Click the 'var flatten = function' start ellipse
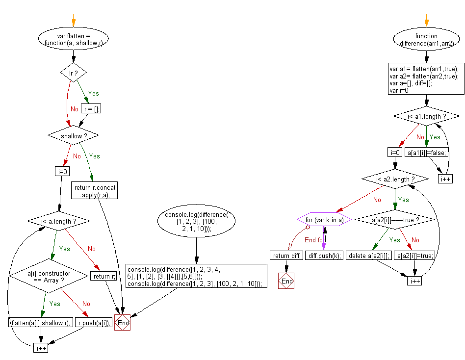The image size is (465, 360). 73,39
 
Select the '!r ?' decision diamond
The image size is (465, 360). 73,73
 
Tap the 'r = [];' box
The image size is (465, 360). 91,109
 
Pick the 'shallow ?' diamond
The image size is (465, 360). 73,135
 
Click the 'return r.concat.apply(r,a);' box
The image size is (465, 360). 95,190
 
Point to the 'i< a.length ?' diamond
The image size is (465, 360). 59,222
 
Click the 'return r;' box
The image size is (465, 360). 104,276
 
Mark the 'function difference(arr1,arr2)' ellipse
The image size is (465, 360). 426,39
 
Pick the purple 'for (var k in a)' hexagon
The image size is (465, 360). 324,220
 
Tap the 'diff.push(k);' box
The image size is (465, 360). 321,255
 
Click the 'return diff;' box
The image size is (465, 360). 286,255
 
